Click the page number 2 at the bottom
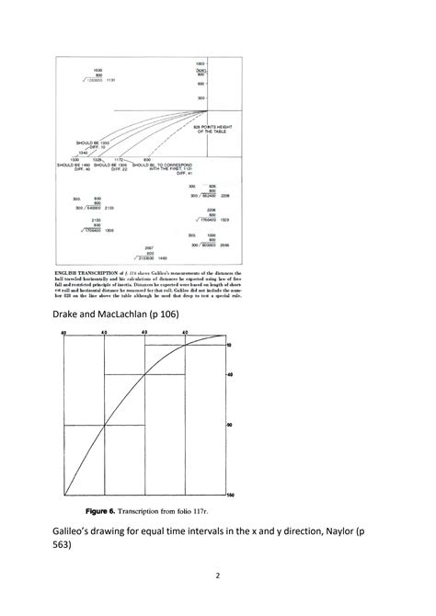pyautogui.click(x=217, y=577)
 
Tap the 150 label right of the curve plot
pyautogui.click(x=231, y=496)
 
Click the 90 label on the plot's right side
pyautogui.click(x=230, y=425)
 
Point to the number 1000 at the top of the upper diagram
pyautogui.click(x=201, y=62)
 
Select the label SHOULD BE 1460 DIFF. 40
pyautogui.click(x=76, y=166)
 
